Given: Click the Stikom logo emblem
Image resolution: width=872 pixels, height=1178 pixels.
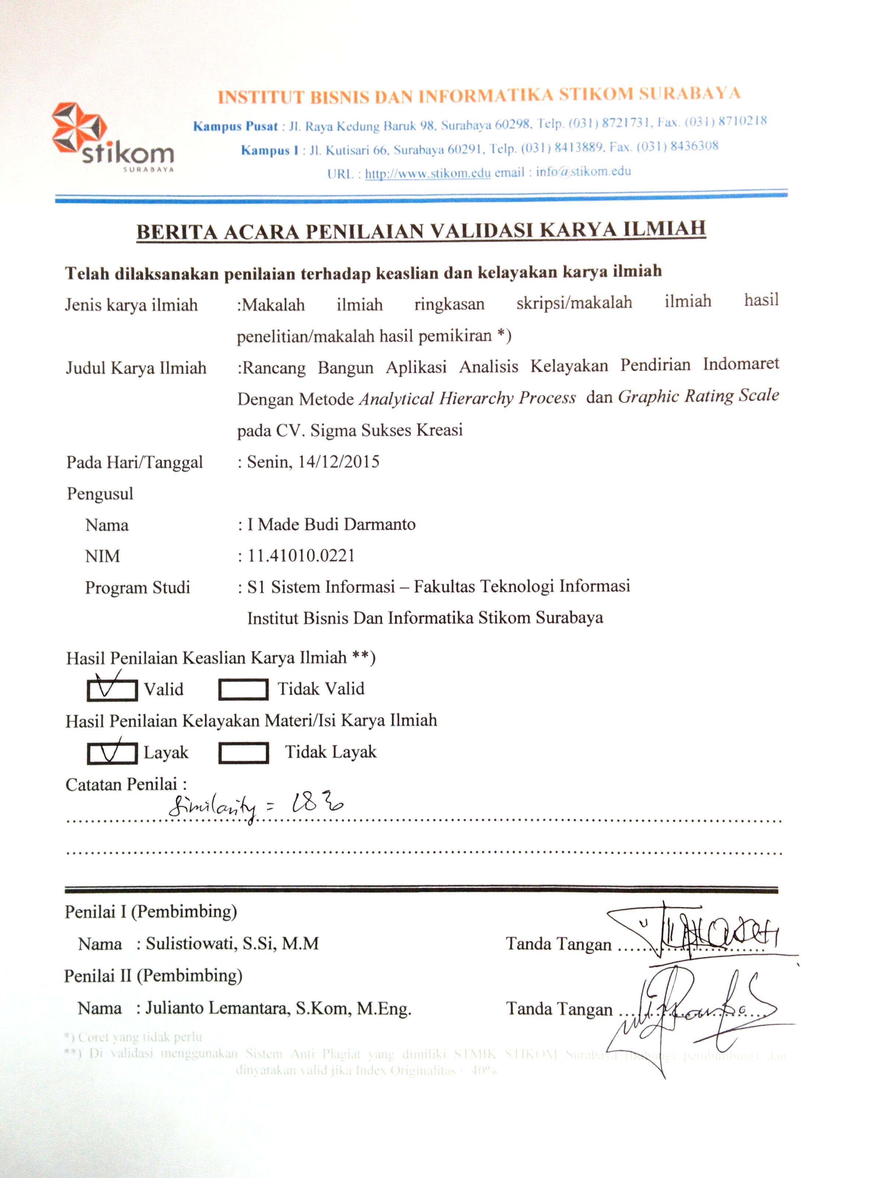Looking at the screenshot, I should [79, 129].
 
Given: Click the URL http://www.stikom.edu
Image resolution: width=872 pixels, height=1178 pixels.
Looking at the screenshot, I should [428, 173].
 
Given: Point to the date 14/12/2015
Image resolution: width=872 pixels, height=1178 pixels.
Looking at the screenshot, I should [338, 462].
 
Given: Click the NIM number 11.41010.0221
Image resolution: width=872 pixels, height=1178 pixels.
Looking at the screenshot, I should [301, 556].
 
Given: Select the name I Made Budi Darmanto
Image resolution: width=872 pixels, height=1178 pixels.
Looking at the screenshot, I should [331, 524].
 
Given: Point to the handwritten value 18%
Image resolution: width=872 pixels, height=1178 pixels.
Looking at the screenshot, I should [317, 804].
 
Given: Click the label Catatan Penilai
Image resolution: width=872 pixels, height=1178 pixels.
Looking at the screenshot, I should [126, 784].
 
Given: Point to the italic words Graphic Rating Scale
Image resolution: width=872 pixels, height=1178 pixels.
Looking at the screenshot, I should [698, 396].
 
